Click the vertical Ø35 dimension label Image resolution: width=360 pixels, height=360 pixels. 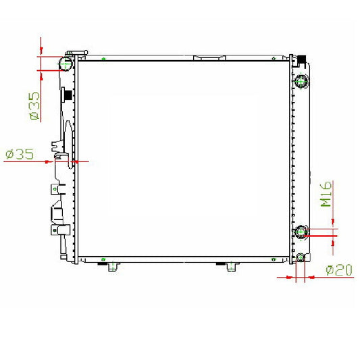tap(35, 106)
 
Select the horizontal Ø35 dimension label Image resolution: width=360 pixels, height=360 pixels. tap(20, 154)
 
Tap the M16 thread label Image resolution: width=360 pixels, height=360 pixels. tap(326, 194)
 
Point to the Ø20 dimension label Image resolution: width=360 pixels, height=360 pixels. tap(339, 270)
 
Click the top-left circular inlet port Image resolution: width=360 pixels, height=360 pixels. tap(66, 63)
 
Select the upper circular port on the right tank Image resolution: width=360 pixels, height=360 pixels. tap(301, 81)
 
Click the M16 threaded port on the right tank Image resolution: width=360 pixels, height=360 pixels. tap(301, 232)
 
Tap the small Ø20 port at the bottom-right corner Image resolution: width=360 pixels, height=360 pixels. tap(301, 257)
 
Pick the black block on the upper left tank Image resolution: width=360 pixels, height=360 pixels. tap(68, 95)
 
